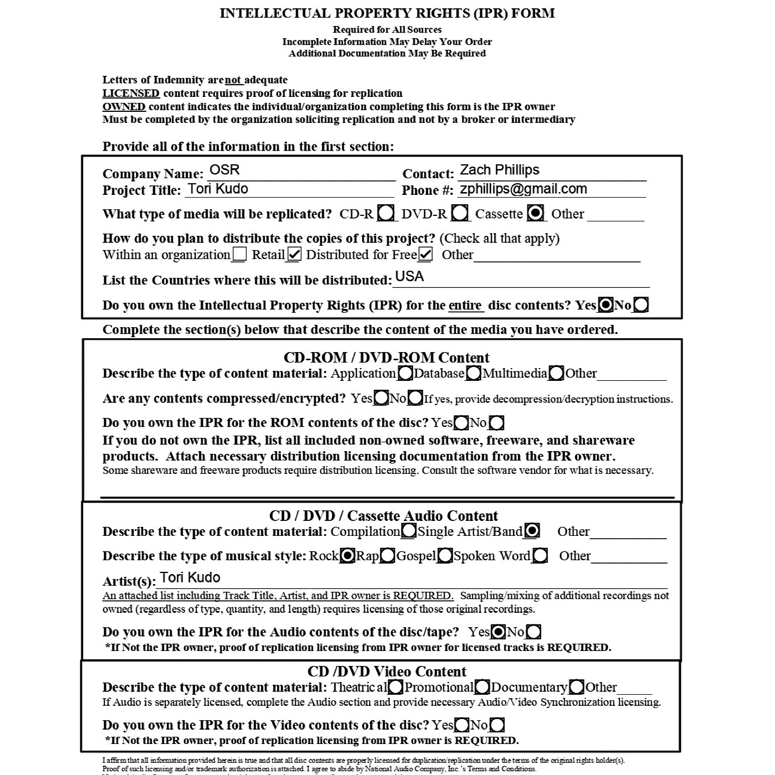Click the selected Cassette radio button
click(535, 213)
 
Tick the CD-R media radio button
click(386, 213)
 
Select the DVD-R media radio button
click(460, 213)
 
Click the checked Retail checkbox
click(294, 255)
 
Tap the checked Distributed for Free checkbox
click(425, 255)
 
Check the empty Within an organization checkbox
click(240, 255)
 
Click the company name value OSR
click(225, 170)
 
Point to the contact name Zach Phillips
click(499, 170)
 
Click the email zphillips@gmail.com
click(523, 189)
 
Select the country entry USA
click(409, 277)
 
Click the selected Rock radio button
click(347, 555)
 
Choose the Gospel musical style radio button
click(445, 555)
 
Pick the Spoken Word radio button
click(540, 555)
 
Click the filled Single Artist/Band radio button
click(532, 531)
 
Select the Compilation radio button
click(409, 531)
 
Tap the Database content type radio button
click(473, 374)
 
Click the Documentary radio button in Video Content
click(576, 688)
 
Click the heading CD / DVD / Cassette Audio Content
click(384, 516)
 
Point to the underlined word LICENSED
click(131, 93)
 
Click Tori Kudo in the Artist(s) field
click(190, 577)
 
